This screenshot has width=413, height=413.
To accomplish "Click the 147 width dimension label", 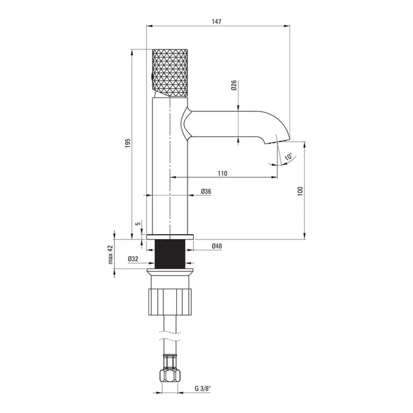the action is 216,22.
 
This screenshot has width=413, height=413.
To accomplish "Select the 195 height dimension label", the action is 128,143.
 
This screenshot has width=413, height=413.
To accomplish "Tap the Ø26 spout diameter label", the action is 234,85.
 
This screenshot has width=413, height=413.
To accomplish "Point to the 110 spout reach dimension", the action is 223,173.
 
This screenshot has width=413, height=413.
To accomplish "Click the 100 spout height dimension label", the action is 300,190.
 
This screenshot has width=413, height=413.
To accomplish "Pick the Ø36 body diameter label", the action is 206,191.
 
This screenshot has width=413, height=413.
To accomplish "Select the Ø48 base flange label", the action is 216,246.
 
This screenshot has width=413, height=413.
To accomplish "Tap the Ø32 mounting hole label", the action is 133,259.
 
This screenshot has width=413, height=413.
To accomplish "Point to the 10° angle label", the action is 289,157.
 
